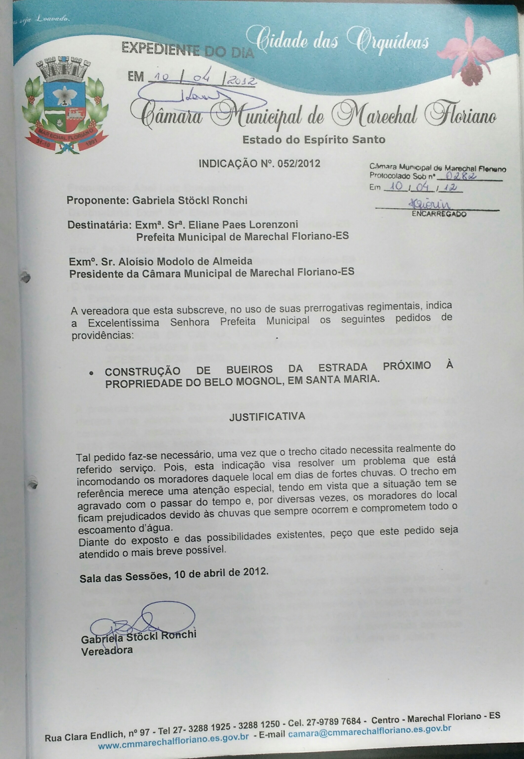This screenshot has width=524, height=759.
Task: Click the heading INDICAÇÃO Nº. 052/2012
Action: tap(259, 163)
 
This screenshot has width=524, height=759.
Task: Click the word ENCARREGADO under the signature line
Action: tap(439, 214)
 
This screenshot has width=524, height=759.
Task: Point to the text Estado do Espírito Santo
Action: tap(314, 140)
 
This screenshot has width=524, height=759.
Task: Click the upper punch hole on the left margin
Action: tap(26, 277)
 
